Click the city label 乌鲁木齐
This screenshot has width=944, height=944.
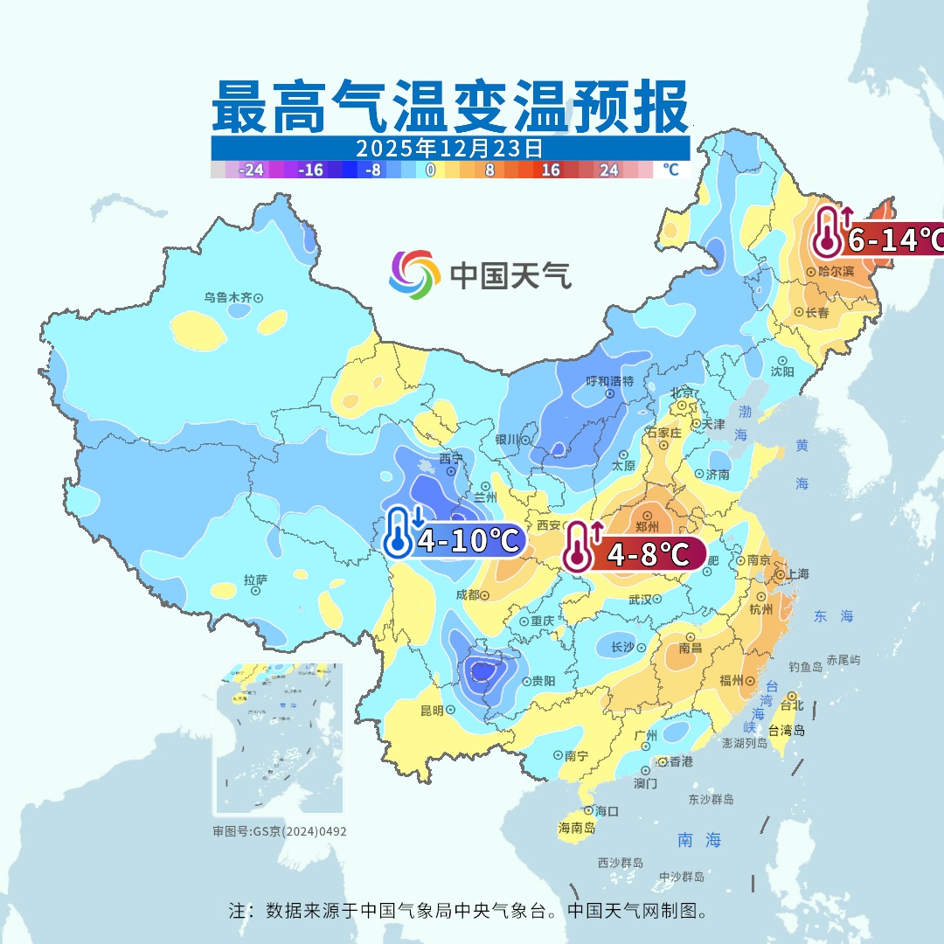tap(228, 297)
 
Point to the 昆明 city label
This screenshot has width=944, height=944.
tap(432, 710)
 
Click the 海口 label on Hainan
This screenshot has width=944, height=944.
tap(607, 811)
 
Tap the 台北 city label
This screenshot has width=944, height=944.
tap(790, 705)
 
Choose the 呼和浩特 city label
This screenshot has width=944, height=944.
tap(609, 381)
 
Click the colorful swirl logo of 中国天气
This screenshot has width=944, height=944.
tap(414, 274)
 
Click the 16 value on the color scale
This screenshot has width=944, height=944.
tap(551, 170)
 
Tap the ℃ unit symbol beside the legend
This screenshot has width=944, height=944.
tap(670, 170)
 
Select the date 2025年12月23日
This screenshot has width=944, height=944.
tap(449, 148)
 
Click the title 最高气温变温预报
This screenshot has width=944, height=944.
tap(449, 107)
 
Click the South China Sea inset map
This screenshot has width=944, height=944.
tap(279, 739)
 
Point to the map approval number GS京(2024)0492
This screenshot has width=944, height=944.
tap(279, 831)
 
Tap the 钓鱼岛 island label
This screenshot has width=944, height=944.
tap(805, 667)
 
